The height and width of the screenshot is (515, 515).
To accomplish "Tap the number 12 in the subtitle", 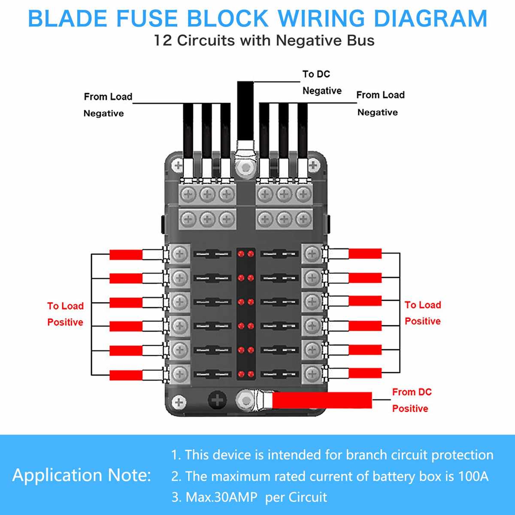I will (164, 41).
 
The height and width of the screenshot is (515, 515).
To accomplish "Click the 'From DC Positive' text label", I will (411, 400).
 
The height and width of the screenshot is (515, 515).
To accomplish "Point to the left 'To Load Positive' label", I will (65, 314).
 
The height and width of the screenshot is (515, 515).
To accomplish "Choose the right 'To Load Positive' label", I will (423, 313).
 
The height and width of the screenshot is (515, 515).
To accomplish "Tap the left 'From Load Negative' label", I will (107, 105).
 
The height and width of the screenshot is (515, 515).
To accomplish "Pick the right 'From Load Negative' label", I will (380, 103).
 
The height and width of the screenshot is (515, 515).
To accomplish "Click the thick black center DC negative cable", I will (245, 112).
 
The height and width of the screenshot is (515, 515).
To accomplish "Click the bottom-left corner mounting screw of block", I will (179, 403).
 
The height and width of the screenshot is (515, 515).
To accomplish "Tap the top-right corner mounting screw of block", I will (313, 165).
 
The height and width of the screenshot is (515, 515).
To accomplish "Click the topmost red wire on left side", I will (126, 254).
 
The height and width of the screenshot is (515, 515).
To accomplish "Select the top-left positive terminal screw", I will (180, 254).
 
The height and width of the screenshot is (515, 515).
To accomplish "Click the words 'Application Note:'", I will (82, 475).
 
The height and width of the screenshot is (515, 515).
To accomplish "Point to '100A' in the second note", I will (473, 476).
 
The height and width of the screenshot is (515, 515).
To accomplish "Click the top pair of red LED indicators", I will (246, 254).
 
